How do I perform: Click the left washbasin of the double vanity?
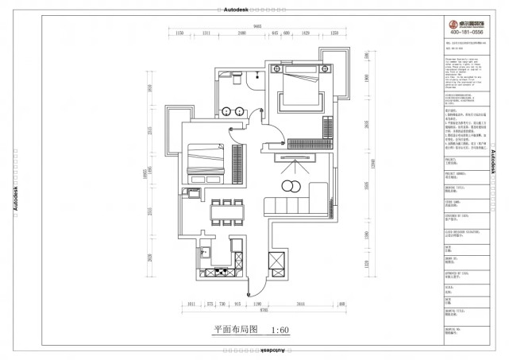pos(227,110)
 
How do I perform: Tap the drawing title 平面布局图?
pos(230,330)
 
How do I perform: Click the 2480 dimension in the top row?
pos(241,34)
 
